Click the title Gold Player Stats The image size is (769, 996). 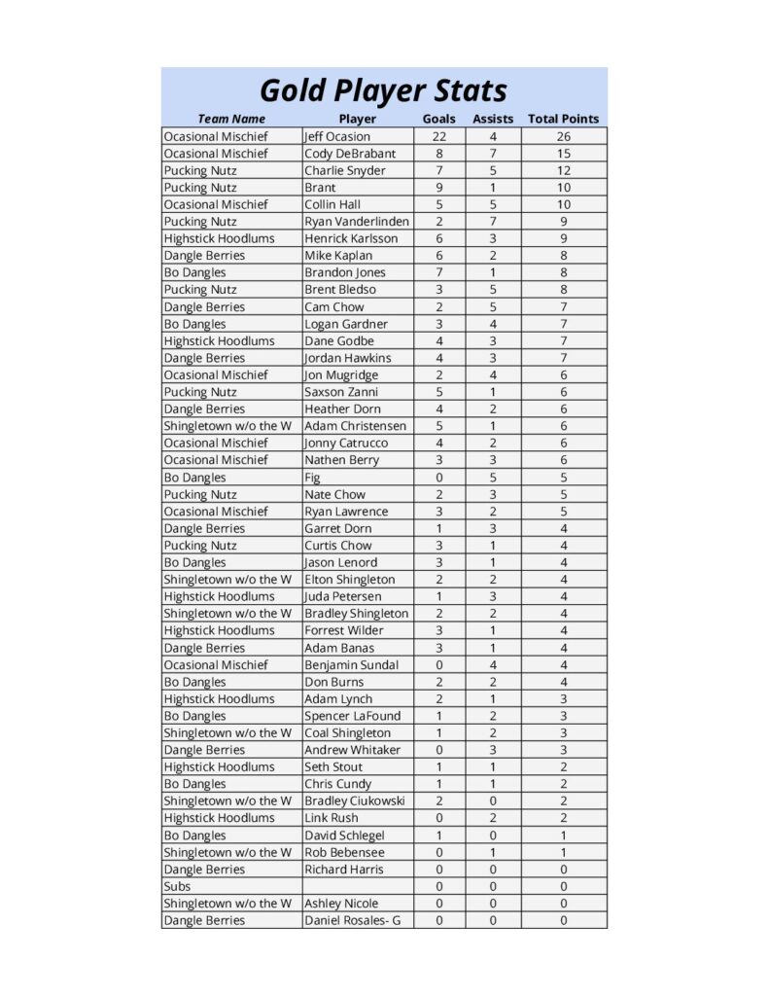(383, 90)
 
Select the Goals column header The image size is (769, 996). (438, 120)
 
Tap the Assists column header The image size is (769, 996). (493, 120)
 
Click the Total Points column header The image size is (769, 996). (563, 120)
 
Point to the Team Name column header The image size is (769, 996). (231, 120)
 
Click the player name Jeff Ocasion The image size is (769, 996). (337, 137)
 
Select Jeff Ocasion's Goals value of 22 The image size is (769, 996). (438, 137)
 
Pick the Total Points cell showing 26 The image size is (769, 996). (563, 137)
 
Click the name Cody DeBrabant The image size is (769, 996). (350, 154)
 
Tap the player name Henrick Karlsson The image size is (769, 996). (351, 238)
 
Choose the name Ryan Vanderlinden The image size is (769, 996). (357, 222)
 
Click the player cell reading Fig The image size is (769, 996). (313, 478)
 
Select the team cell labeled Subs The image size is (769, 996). (177, 887)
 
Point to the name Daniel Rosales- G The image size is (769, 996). (352, 921)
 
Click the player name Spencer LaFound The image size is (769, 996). (352, 716)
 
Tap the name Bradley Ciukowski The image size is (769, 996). (354, 801)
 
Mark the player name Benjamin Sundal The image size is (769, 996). (352, 665)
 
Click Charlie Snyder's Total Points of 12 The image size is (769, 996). (563, 171)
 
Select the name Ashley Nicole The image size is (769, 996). (341, 904)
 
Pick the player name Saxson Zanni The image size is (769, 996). (342, 392)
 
